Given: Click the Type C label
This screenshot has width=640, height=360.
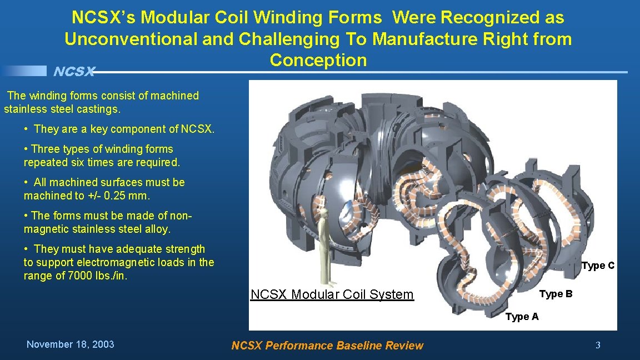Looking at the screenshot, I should pyautogui.click(x=598, y=266).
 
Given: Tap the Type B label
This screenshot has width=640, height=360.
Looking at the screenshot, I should pyautogui.click(x=556, y=294).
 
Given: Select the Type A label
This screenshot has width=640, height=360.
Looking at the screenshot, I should pyautogui.click(x=522, y=317).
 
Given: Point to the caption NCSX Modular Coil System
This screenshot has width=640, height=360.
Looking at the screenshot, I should pyautogui.click(x=332, y=294).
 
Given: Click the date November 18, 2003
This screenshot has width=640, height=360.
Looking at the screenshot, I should pyautogui.click(x=71, y=344).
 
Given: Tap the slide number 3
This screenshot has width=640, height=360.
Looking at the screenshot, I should pyautogui.click(x=598, y=345).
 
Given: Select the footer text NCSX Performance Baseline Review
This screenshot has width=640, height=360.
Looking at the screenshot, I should pyautogui.click(x=327, y=346).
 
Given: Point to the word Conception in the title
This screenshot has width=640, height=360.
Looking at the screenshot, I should pyautogui.click(x=318, y=60).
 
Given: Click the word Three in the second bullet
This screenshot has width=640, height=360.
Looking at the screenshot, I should pyautogui.click(x=44, y=149).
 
